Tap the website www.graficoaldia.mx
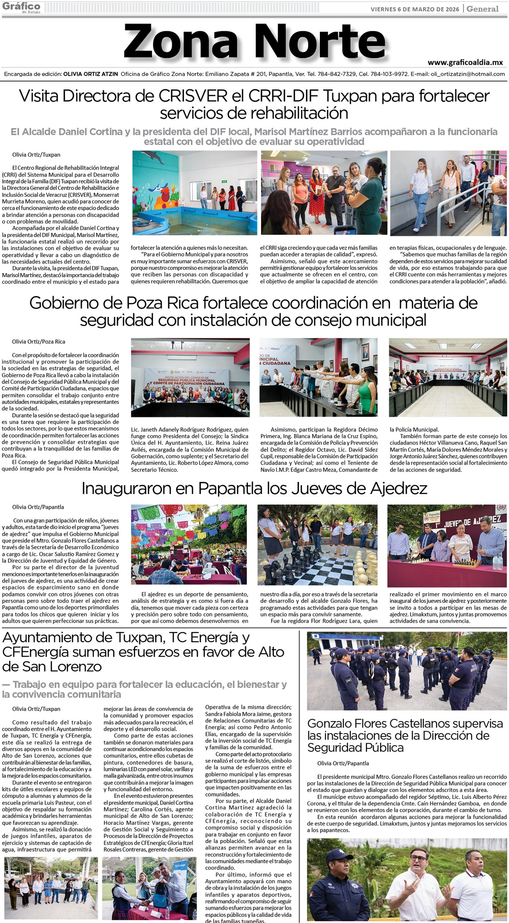click(x=465, y=62)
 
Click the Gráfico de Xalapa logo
click(x=21, y=7)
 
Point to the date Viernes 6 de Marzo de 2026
click(x=415, y=9)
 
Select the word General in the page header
click(x=482, y=9)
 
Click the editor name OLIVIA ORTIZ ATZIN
click(x=91, y=74)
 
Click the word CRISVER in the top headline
click(x=193, y=96)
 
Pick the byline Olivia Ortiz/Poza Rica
click(x=39, y=342)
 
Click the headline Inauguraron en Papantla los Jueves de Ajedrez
click(x=254, y=488)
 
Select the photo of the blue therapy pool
click(x=195, y=193)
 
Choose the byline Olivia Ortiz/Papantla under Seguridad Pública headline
click(x=343, y=763)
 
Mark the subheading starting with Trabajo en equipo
click(x=144, y=689)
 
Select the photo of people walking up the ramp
click(x=448, y=193)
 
